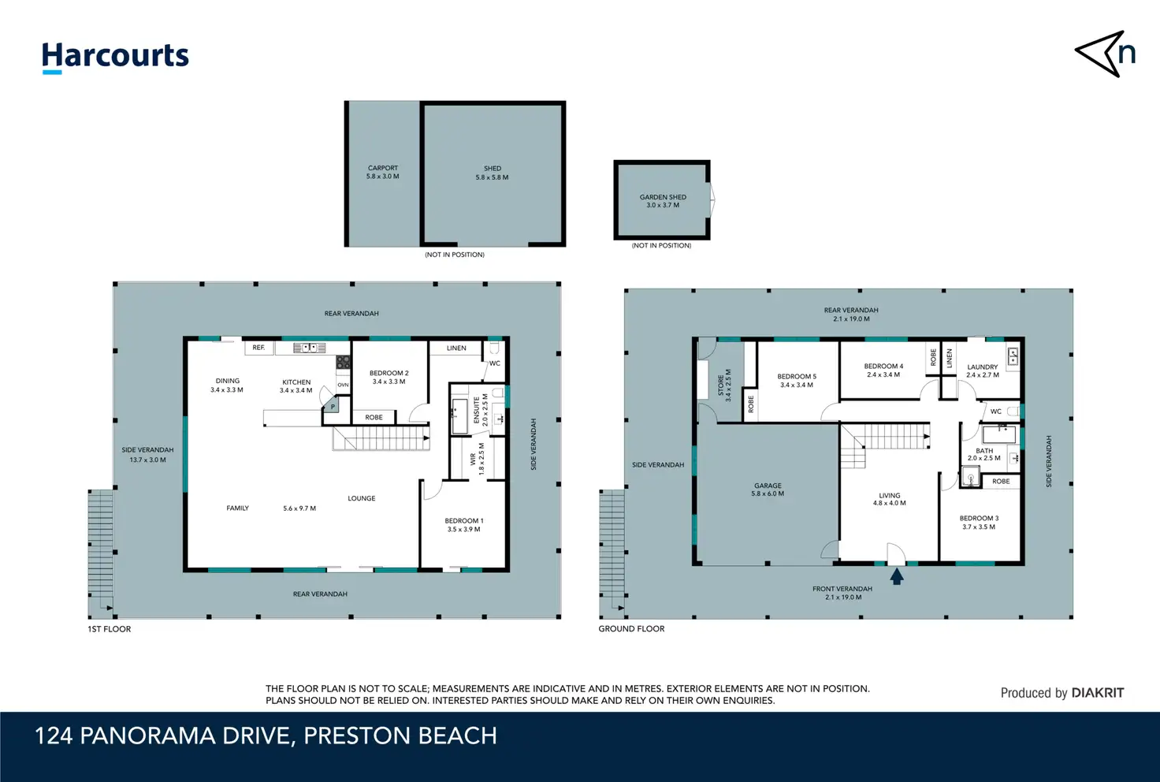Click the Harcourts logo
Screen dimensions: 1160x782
pos(115,58)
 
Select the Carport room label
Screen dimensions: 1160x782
pos(383,172)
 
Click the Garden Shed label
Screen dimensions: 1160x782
pos(663,201)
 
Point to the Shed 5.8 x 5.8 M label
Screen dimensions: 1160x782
pos(492,173)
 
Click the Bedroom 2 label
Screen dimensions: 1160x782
pos(389,377)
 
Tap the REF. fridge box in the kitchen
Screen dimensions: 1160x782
pos(259,348)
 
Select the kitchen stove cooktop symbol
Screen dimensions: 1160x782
pos(343,362)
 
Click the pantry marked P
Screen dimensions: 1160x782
pos(332,405)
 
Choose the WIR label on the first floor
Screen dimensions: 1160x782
pos(477,459)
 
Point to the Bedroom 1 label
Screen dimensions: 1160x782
pos(464,524)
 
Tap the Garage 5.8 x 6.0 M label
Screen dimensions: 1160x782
pos(768,490)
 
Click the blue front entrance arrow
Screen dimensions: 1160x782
pos(897,576)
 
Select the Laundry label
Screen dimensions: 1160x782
pos(983,371)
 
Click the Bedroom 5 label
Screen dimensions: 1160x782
pos(797,381)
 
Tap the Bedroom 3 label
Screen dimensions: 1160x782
pos(979,522)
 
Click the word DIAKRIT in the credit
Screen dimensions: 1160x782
pos(1097,693)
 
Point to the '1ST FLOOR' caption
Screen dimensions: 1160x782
pos(110,629)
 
